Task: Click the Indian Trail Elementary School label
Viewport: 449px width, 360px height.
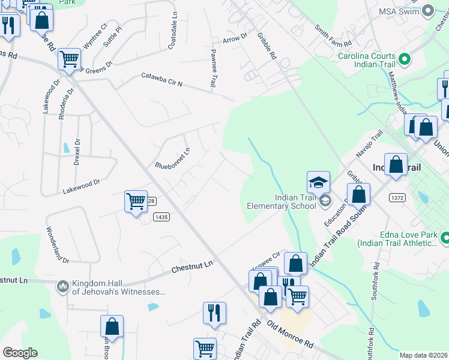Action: point(282,202)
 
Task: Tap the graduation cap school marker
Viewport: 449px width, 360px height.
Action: point(319,182)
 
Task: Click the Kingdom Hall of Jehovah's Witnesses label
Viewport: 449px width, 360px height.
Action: point(118,288)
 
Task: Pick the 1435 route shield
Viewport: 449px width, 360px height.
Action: point(161,217)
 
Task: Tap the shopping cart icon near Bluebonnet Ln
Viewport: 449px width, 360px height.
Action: point(136,202)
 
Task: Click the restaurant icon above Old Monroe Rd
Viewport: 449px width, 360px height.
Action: point(214,313)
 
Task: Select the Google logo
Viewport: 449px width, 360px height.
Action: point(20,353)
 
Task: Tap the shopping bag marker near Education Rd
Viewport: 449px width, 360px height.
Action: point(358,194)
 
